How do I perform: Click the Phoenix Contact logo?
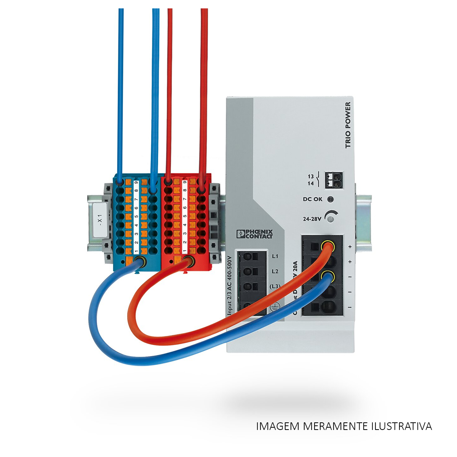pyautogui.click(x=254, y=234)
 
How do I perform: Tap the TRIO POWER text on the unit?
pyautogui.click(x=348, y=125)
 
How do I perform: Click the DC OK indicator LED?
pyautogui.click(x=331, y=199)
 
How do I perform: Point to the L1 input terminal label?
pyautogui.click(x=275, y=256)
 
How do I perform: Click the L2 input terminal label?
pyautogui.click(x=275, y=271)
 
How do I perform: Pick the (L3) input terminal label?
pyautogui.click(x=275, y=286)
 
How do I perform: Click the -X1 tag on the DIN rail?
pyautogui.click(x=100, y=220)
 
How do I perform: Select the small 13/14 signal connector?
pyautogui.click(x=334, y=180)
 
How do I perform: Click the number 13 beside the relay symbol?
pyautogui.click(x=311, y=177)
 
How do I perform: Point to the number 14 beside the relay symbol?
pyautogui.click(x=311, y=184)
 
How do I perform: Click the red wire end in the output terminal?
pyautogui.click(x=326, y=246)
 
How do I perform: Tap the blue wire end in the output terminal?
pyautogui.click(x=326, y=276)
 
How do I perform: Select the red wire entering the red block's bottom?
pyautogui.click(x=187, y=262)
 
